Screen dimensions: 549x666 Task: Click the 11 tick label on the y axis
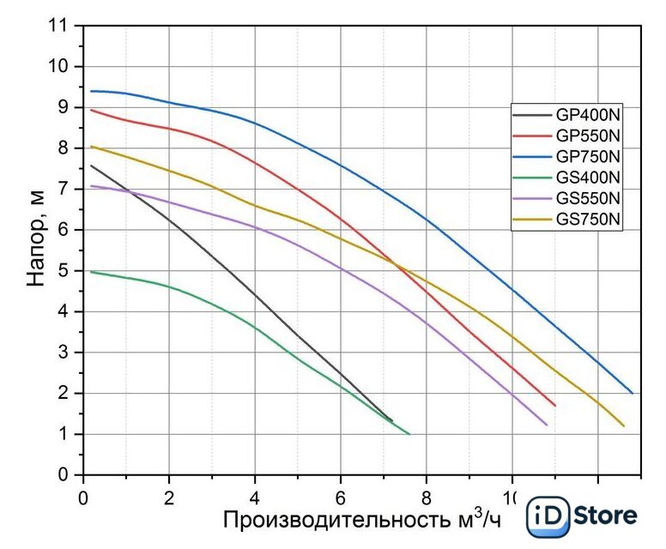tap(59, 26)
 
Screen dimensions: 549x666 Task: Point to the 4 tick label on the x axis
tap(255, 497)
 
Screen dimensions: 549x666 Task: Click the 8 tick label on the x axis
tap(427, 497)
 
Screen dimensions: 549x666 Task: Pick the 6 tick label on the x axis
tap(341, 497)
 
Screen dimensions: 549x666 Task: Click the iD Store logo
tap(583, 516)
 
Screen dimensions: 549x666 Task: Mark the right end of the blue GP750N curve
tap(633, 393)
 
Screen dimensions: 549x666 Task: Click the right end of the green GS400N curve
tap(409, 434)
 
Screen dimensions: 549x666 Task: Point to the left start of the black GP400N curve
tap(91, 166)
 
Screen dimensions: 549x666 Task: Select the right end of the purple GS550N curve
tap(547, 425)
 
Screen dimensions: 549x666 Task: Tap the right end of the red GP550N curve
tap(555, 405)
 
